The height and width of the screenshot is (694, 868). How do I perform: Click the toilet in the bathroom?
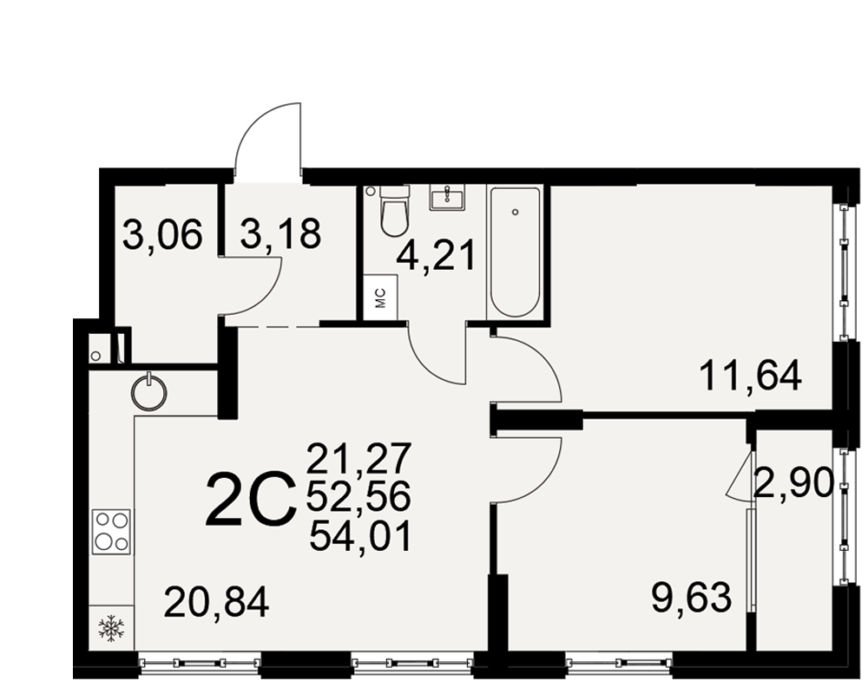pos(395,211)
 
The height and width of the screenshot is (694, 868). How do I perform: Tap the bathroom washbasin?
pos(448,198)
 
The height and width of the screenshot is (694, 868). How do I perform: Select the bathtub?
pos(515,252)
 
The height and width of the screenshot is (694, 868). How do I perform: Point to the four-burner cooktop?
pos(112,531)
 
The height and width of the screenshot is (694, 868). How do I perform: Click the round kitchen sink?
pos(149,392)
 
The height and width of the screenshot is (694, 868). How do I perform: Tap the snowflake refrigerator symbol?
pos(111,628)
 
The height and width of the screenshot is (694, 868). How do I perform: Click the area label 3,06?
pos(163,234)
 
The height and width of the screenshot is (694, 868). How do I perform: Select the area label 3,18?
pos(280,234)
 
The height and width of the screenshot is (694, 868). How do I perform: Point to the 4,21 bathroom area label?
pos(437,257)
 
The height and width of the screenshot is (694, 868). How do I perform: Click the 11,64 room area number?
pos(750,376)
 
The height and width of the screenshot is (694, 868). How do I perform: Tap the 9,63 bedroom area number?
pos(692,599)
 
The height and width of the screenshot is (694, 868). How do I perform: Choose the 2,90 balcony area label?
pos(794,482)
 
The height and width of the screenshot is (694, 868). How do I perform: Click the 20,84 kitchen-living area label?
pos(216,603)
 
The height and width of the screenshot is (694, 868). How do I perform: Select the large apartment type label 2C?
pos(248,498)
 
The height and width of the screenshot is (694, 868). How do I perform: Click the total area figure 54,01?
pos(361,537)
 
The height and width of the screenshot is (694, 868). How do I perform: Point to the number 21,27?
pos(359,458)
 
